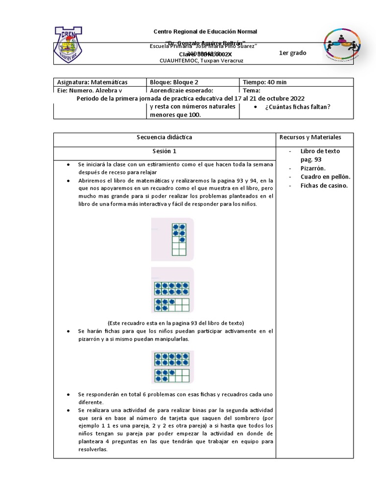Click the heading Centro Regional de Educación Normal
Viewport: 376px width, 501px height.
click(x=205, y=31)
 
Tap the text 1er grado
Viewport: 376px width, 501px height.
click(x=292, y=53)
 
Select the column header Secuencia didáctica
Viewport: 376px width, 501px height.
click(x=164, y=137)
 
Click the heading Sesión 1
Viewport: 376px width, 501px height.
click(x=164, y=151)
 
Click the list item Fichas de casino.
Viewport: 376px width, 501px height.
click(x=324, y=185)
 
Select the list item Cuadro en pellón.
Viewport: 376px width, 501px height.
click(x=325, y=177)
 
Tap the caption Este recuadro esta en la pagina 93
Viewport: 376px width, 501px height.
click(x=175, y=322)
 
